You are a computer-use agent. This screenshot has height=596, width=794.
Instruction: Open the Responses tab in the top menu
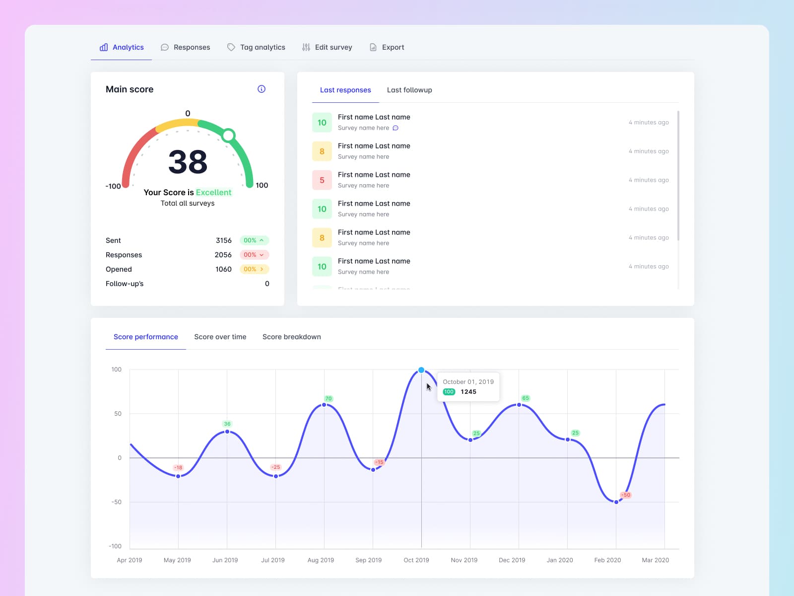pyautogui.click(x=186, y=47)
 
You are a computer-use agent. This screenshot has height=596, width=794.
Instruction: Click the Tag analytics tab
pyautogui.click(x=257, y=47)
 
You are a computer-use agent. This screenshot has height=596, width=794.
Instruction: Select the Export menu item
pyautogui.click(x=387, y=47)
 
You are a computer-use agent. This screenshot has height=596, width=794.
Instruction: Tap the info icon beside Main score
pyautogui.click(x=262, y=89)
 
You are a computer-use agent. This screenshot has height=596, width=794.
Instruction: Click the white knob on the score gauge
pyautogui.click(x=228, y=135)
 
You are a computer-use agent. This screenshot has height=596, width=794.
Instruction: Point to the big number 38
pyautogui.click(x=188, y=162)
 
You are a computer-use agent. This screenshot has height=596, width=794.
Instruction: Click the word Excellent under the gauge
pyautogui.click(x=213, y=192)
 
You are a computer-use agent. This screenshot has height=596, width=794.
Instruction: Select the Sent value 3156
pyautogui.click(x=223, y=240)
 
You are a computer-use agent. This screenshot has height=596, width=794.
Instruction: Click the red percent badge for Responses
pyautogui.click(x=254, y=255)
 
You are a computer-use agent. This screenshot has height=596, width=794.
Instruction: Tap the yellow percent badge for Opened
pyautogui.click(x=254, y=269)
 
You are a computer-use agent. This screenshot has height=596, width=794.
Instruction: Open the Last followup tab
pyautogui.click(x=409, y=90)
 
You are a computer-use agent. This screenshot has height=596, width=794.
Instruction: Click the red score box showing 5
pyautogui.click(x=322, y=180)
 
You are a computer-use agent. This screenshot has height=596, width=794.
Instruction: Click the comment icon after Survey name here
pyautogui.click(x=396, y=128)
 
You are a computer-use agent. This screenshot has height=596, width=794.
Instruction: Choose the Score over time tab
pyautogui.click(x=220, y=337)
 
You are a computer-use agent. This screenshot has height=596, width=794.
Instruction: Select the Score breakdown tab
pyautogui.click(x=291, y=337)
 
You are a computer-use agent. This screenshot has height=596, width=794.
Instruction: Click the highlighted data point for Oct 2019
pyautogui.click(x=421, y=370)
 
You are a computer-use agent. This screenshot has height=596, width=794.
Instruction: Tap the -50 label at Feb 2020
pyautogui.click(x=626, y=495)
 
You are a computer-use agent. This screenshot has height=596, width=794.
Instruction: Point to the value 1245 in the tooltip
pyautogui.click(x=468, y=392)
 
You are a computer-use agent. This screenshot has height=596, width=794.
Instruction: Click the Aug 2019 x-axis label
pyautogui.click(x=321, y=560)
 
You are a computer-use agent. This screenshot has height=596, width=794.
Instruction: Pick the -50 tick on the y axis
pyautogui.click(x=116, y=502)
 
